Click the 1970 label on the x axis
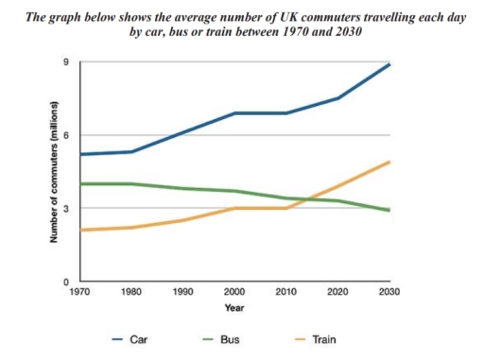[x=81, y=293]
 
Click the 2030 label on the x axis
[x=389, y=293]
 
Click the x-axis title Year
[x=234, y=308]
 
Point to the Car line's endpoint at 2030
[x=389, y=64]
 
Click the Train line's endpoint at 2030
[x=389, y=162]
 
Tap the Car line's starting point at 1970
[x=82, y=154]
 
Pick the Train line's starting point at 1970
[x=82, y=230]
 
